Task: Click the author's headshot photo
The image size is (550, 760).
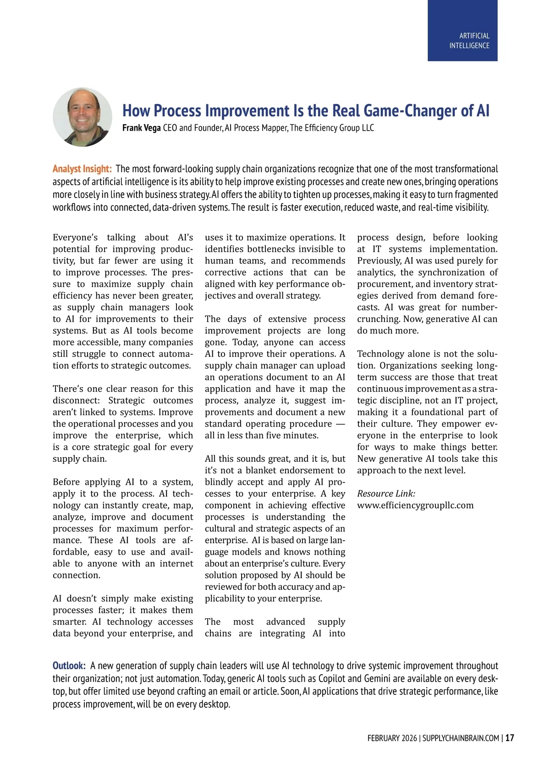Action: click(82, 117)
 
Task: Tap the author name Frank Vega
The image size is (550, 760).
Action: click(141, 128)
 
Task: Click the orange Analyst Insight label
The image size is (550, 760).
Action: click(82, 169)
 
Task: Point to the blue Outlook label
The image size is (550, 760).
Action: click(69, 666)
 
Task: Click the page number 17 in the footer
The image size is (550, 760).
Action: click(510, 738)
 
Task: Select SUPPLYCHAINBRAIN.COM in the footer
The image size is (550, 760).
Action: click(461, 738)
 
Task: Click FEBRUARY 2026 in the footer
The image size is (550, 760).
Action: click(392, 738)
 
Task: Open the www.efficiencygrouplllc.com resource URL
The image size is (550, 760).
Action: click(415, 505)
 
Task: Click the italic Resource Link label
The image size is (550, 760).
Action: click(386, 494)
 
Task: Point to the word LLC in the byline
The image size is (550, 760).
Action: click(368, 128)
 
